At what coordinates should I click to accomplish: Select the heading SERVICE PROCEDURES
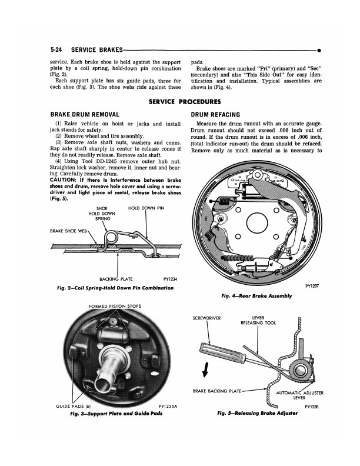point(185,102)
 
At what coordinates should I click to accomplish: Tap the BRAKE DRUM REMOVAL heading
point(85,115)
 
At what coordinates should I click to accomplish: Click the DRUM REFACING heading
point(215,115)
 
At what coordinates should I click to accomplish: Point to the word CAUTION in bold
point(63,180)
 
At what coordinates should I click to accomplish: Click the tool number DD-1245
point(104,161)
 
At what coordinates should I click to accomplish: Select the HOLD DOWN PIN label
point(146,208)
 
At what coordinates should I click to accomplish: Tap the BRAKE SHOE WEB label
point(68,231)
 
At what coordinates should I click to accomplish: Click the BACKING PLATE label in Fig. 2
point(116,279)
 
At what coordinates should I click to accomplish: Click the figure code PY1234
point(170,279)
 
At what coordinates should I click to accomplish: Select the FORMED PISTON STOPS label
point(115,306)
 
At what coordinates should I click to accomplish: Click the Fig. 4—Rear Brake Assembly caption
point(256,296)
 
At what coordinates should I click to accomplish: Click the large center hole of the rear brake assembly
point(257,223)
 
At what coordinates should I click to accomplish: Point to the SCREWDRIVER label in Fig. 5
point(206,318)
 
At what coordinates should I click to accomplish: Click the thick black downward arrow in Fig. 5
point(205,370)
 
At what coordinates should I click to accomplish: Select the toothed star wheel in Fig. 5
point(299,370)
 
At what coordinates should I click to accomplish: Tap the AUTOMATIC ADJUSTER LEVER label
point(299,395)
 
